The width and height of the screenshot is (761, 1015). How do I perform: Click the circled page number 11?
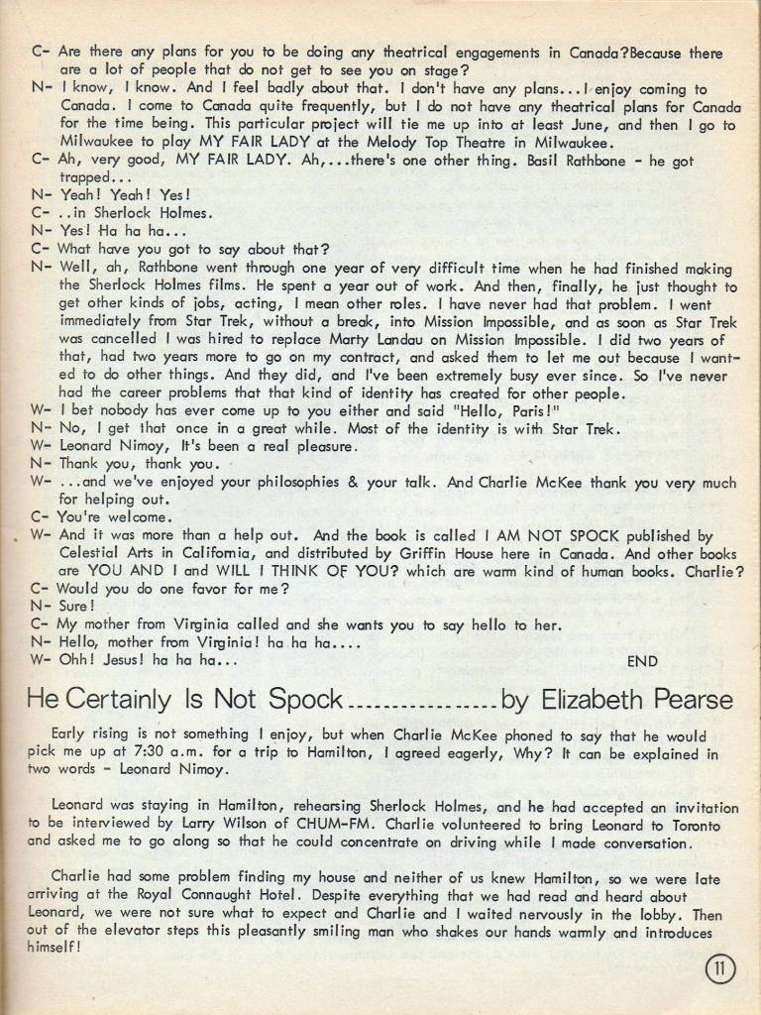point(720,968)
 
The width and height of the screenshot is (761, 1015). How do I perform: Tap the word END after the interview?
point(642,660)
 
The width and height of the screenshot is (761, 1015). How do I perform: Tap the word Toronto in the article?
point(694,825)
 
